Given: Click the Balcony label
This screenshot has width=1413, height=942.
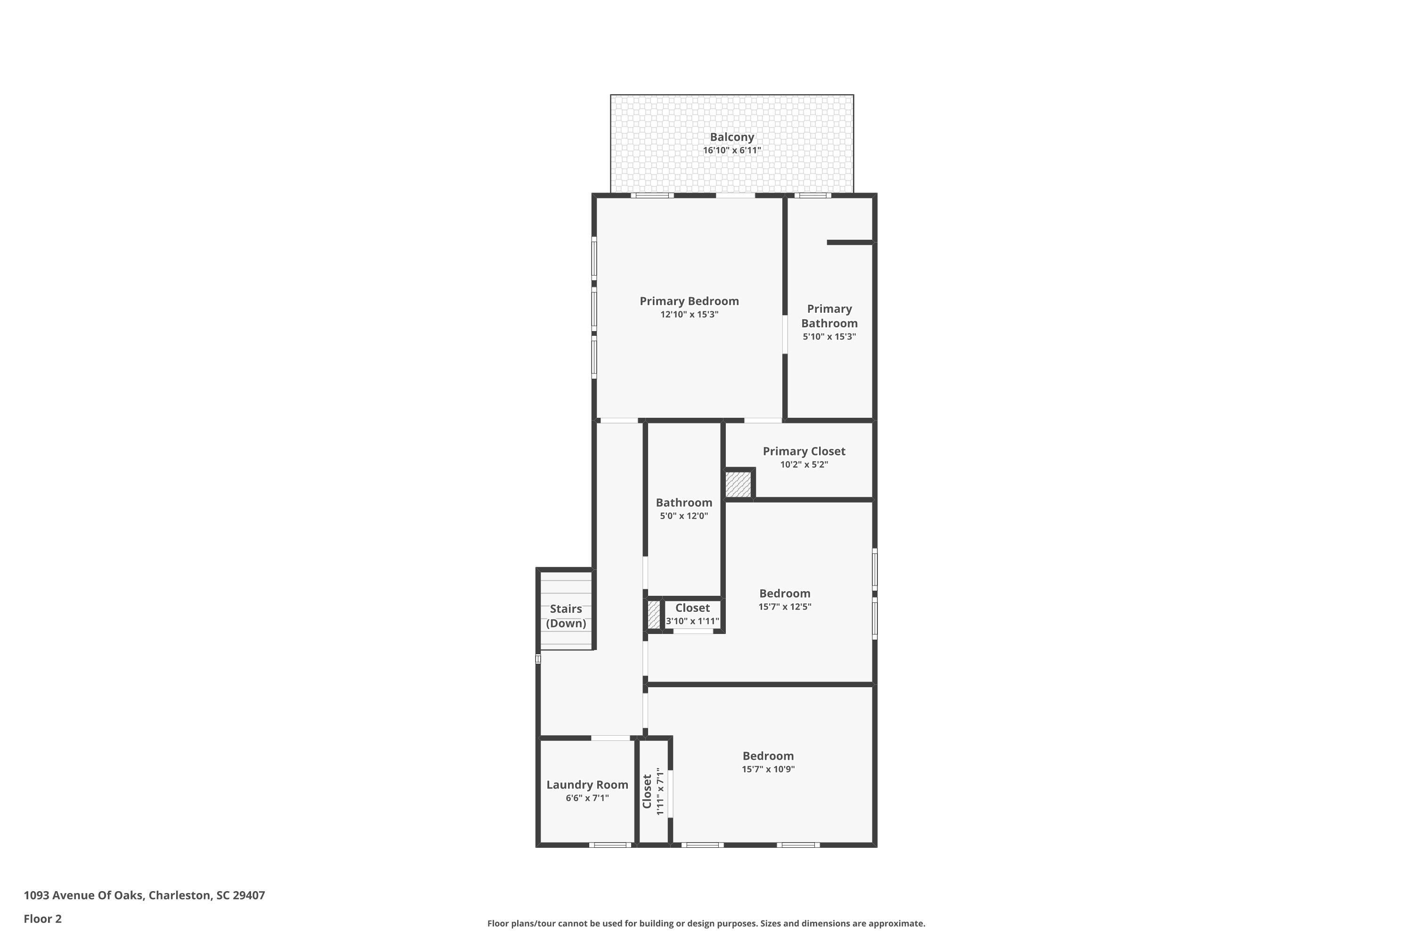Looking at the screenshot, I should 732,137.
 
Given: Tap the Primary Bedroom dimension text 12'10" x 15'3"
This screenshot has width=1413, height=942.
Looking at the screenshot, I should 689,314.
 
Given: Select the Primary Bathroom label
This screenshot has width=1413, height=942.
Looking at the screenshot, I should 829,316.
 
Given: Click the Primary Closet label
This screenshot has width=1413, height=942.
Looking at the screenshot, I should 804,451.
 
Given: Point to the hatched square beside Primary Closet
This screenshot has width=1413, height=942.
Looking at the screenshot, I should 739,484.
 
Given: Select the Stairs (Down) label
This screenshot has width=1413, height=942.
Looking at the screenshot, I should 566,616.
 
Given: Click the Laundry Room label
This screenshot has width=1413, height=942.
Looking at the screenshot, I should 587,785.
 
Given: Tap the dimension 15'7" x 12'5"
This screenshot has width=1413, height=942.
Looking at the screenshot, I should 785,607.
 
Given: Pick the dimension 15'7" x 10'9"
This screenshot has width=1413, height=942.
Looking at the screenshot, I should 768,769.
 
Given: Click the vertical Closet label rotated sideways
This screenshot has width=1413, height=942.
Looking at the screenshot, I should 647,791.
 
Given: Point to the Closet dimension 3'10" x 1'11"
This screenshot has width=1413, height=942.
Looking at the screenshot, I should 692,621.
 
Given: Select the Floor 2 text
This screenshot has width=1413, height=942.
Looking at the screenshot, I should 43,918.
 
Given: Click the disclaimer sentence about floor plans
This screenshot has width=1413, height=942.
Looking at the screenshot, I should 706,923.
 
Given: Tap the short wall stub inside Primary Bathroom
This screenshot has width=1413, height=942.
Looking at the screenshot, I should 850,242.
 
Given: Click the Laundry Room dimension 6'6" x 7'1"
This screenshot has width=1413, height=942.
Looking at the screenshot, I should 587,798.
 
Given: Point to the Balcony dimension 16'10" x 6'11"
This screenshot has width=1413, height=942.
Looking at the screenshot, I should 732,150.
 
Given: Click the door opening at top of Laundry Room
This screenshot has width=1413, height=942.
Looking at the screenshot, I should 610,738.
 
